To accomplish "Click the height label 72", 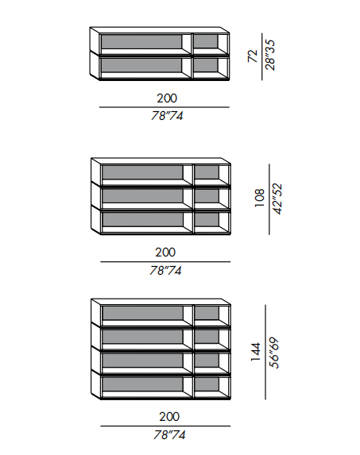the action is [x=253, y=56].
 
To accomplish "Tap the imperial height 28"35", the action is [x=270, y=55].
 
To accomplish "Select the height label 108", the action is [x=260, y=198].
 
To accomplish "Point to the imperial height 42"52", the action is [x=277, y=199].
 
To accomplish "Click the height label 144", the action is [x=256, y=352].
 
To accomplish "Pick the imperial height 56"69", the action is [x=274, y=353].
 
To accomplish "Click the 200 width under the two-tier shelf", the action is [x=167, y=98].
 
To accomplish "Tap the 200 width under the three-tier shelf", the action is [x=165, y=253].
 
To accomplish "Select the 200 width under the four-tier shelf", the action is [x=169, y=417].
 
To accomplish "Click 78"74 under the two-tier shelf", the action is [x=167, y=116].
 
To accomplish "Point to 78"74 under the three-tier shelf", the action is [x=165, y=271].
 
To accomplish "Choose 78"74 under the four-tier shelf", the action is [x=169, y=434].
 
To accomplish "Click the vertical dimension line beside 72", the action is [x=262, y=56].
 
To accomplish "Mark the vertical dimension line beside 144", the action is [x=265, y=352].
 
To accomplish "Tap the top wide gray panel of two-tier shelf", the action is [x=141, y=42].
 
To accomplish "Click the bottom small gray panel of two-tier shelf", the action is [x=205, y=65].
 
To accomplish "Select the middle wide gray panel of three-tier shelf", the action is [x=142, y=196].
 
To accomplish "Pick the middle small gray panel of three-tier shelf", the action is [x=207, y=196].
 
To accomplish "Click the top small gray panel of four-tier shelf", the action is [x=207, y=313].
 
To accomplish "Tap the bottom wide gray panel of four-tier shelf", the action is [x=142, y=384].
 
